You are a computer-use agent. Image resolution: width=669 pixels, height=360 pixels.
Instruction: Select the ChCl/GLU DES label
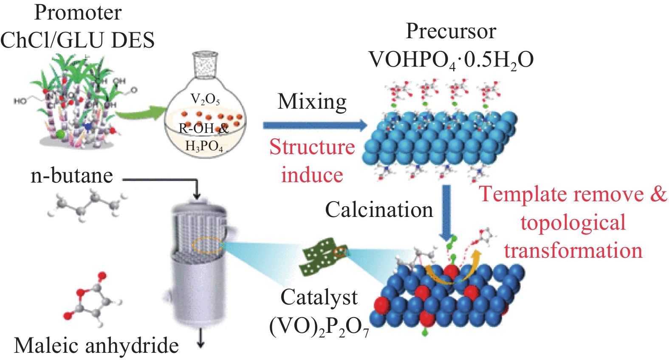pyautogui.click(x=77, y=40)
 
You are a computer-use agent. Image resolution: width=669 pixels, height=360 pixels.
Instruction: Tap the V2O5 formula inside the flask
pyautogui.click(x=205, y=99)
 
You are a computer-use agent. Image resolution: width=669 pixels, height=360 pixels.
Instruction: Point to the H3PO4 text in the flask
pyautogui.click(x=204, y=146)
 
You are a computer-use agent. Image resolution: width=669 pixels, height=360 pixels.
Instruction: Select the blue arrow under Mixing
pyautogui.click(x=314, y=125)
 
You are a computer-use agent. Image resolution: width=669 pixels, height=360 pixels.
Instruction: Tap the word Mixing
pyautogui.click(x=312, y=102)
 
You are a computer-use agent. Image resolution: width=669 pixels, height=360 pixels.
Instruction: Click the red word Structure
pyautogui.click(x=312, y=147)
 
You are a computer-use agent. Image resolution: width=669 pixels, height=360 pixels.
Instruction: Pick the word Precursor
pyautogui.click(x=451, y=31)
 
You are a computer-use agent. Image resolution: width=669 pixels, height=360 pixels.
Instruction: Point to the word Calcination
pyautogui.click(x=379, y=210)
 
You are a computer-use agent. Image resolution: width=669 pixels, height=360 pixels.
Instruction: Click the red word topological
pyautogui.click(x=573, y=223)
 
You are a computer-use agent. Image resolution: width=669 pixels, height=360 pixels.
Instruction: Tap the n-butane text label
pyautogui.click(x=72, y=176)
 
